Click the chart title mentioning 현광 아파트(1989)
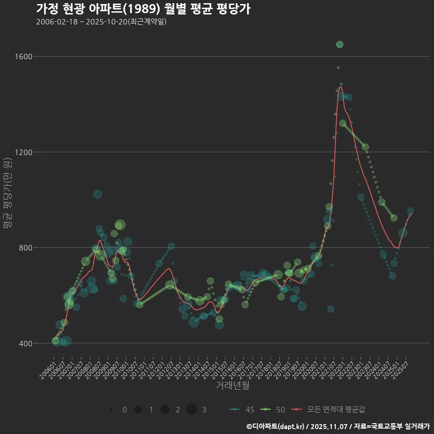(x=143, y=9)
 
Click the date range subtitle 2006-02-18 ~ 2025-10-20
(x=101, y=22)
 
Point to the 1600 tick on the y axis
(x=23, y=57)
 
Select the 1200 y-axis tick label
(x=23, y=152)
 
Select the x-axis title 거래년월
(x=232, y=385)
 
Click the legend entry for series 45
(x=242, y=410)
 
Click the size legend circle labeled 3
(x=191, y=410)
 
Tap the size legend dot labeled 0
(x=111, y=410)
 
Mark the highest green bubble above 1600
(x=340, y=44)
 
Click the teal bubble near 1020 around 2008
(x=98, y=194)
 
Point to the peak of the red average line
(x=340, y=86)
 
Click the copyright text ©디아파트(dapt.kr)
(x=275, y=426)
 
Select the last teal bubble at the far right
(x=410, y=211)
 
